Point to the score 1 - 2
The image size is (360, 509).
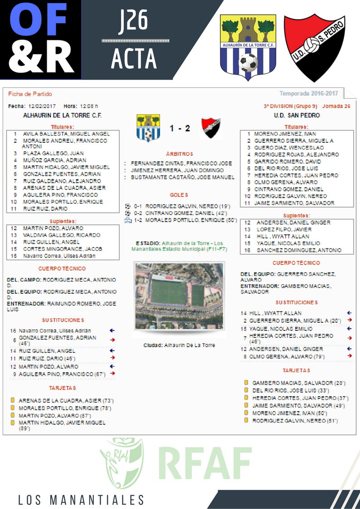pyautogui.click(x=180, y=129)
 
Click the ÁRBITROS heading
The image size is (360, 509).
pyautogui.click(x=180, y=154)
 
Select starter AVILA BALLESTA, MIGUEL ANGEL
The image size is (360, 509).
pyautogui.click(x=66, y=134)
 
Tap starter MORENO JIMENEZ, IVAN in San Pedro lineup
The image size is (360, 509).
pyautogui.click(x=285, y=134)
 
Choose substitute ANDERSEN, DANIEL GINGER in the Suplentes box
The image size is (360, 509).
pyautogui.click(x=293, y=223)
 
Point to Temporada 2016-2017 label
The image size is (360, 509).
pyautogui.click(x=309, y=94)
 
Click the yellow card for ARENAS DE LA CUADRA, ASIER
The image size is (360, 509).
pyautogui.click(x=13, y=401)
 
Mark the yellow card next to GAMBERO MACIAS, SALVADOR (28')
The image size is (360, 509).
pyautogui.click(x=246, y=383)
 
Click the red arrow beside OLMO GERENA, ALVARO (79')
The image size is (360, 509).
pyautogui.click(x=349, y=356)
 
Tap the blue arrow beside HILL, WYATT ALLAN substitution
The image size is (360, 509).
pyautogui.click(x=349, y=313)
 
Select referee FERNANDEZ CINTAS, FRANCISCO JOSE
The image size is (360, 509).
pyautogui.click(x=181, y=163)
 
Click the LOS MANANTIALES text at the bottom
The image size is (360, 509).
pyautogui.click(x=81, y=500)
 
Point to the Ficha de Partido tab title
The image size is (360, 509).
pyautogui.click(x=30, y=94)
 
